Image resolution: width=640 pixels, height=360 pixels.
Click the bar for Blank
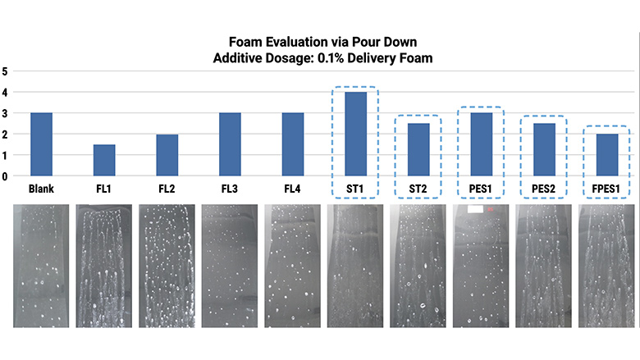41,144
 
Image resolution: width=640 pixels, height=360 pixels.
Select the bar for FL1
104,160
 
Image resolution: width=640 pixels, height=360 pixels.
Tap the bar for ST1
355,134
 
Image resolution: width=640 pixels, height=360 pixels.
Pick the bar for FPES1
607,155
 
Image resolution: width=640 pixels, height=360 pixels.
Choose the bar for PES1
482,144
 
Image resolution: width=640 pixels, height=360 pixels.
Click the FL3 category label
230,189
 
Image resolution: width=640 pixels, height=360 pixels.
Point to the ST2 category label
418,189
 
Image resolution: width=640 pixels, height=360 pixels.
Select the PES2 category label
544,189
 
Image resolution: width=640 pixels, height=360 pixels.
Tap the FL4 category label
293,189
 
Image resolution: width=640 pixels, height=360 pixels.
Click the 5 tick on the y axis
5,71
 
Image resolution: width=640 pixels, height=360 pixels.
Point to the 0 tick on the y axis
5,175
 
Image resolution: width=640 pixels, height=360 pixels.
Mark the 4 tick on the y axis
5,92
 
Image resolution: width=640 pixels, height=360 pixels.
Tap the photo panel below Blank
41,266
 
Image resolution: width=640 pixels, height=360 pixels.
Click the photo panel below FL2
167,266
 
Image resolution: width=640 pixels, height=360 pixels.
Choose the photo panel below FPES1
607,266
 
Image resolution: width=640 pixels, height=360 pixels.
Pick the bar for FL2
167,155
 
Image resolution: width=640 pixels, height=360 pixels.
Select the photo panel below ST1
355,266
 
